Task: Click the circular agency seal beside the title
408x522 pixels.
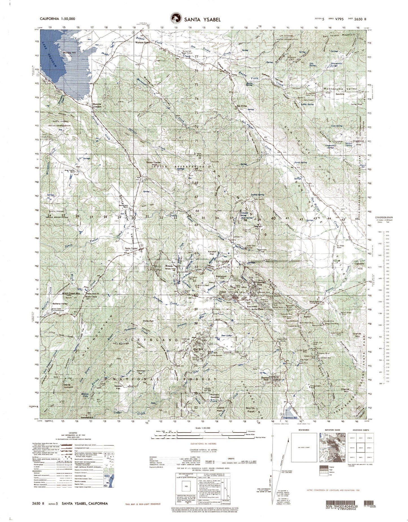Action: pos(176,19)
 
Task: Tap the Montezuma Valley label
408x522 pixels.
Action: pos(338,89)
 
